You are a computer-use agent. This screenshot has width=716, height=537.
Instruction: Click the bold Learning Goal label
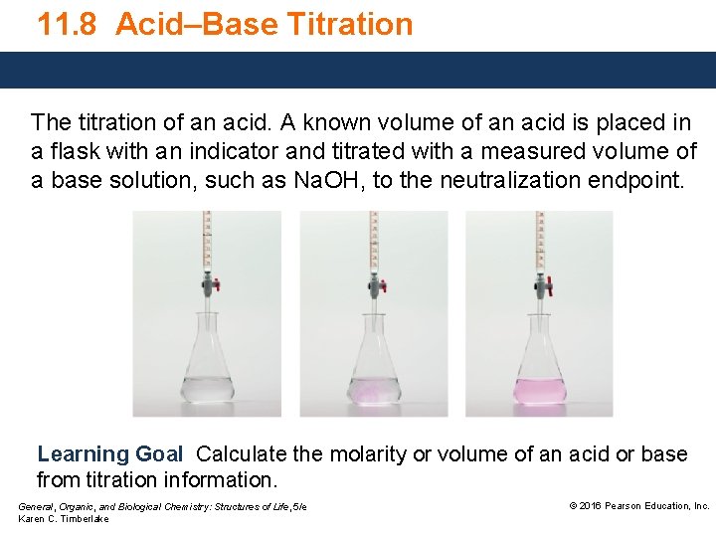tap(109, 454)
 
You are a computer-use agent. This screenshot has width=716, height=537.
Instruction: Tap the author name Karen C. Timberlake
tap(64, 519)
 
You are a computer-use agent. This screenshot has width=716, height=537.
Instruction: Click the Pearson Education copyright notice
tap(638, 506)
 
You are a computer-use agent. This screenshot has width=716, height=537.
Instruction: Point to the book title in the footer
tap(162, 507)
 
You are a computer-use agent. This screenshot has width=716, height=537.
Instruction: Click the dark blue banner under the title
tap(358, 70)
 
